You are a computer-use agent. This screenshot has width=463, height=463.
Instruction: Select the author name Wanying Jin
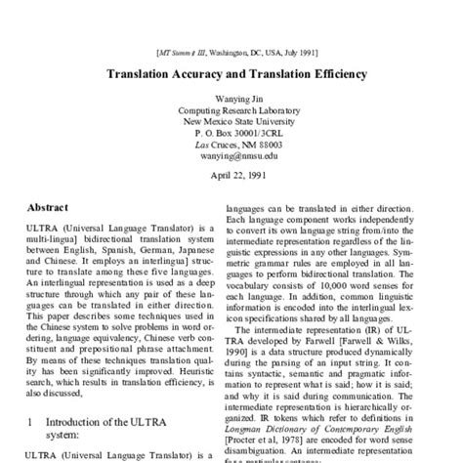click(231, 97)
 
